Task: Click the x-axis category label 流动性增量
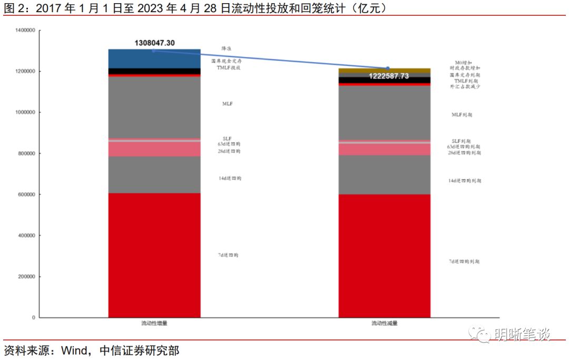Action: [154, 323]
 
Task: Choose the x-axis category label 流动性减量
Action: [384, 323]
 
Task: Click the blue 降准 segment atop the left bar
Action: [154, 59]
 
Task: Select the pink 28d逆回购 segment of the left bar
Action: [154, 149]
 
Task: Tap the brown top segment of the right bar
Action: [384, 71]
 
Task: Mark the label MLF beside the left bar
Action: [228, 104]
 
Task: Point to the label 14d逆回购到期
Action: [464, 181]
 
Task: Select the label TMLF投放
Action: [228, 68]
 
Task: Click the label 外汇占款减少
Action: [464, 87]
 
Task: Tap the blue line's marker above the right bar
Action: [388, 68]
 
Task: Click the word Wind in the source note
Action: [72, 351]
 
